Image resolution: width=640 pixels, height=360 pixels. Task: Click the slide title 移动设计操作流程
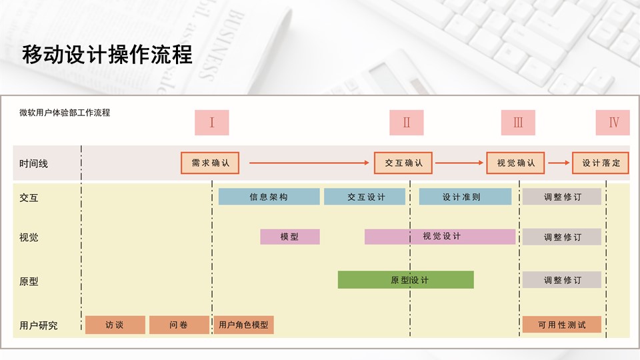pyautogui.click(x=107, y=55)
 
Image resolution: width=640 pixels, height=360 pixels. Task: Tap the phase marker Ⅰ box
pyautogui.click(x=211, y=123)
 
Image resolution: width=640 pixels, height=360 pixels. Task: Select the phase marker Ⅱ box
pyautogui.click(x=407, y=123)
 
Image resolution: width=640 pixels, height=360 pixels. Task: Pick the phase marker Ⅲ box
pyautogui.click(x=518, y=123)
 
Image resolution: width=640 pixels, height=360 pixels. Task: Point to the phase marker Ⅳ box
pyautogui.click(x=613, y=123)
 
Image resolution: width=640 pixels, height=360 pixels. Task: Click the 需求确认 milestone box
pyautogui.click(x=210, y=163)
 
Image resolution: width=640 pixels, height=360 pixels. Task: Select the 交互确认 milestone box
pyautogui.click(x=403, y=163)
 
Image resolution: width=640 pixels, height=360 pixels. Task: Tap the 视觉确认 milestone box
pyautogui.click(x=515, y=163)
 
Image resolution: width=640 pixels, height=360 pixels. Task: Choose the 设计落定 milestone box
pyautogui.click(x=601, y=163)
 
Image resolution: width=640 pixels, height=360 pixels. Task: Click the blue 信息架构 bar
pyautogui.click(x=269, y=197)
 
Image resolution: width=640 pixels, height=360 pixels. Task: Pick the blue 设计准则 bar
pyautogui.click(x=465, y=197)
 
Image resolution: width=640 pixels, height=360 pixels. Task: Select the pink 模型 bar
pyautogui.click(x=289, y=237)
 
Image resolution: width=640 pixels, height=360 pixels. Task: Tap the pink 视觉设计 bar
pyautogui.click(x=440, y=237)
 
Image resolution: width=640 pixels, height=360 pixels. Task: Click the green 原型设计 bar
pyautogui.click(x=405, y=280)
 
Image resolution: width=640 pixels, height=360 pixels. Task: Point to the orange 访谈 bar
pyautogui.click(x=115, y=325)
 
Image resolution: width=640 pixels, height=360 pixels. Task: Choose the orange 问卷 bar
pyautogui.click(x=179, y=325)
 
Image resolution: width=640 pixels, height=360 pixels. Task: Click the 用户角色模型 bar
pyautogui.click(x=243, y=325)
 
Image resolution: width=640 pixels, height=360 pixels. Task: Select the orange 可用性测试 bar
pyautogui.click(x=561, y=325)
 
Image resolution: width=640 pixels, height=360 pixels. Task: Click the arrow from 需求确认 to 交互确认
pyautogui.click(x=307, y=163)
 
